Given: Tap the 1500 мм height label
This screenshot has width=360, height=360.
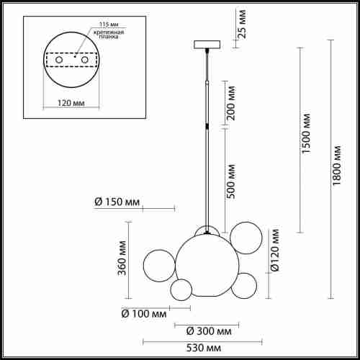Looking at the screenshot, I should pyautogui.click(x=307, y=133).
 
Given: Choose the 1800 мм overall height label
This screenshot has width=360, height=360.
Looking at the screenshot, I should pyautogui.click(x=338, y=167).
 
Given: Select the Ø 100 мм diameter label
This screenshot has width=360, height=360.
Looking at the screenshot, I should pyautogui.click(x=145, y=314).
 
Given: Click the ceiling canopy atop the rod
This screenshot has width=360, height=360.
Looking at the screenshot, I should pyautogui.click(x=206, y=45).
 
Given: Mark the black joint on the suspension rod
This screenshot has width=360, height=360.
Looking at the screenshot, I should pyautogui.click(x=207, y=127).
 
